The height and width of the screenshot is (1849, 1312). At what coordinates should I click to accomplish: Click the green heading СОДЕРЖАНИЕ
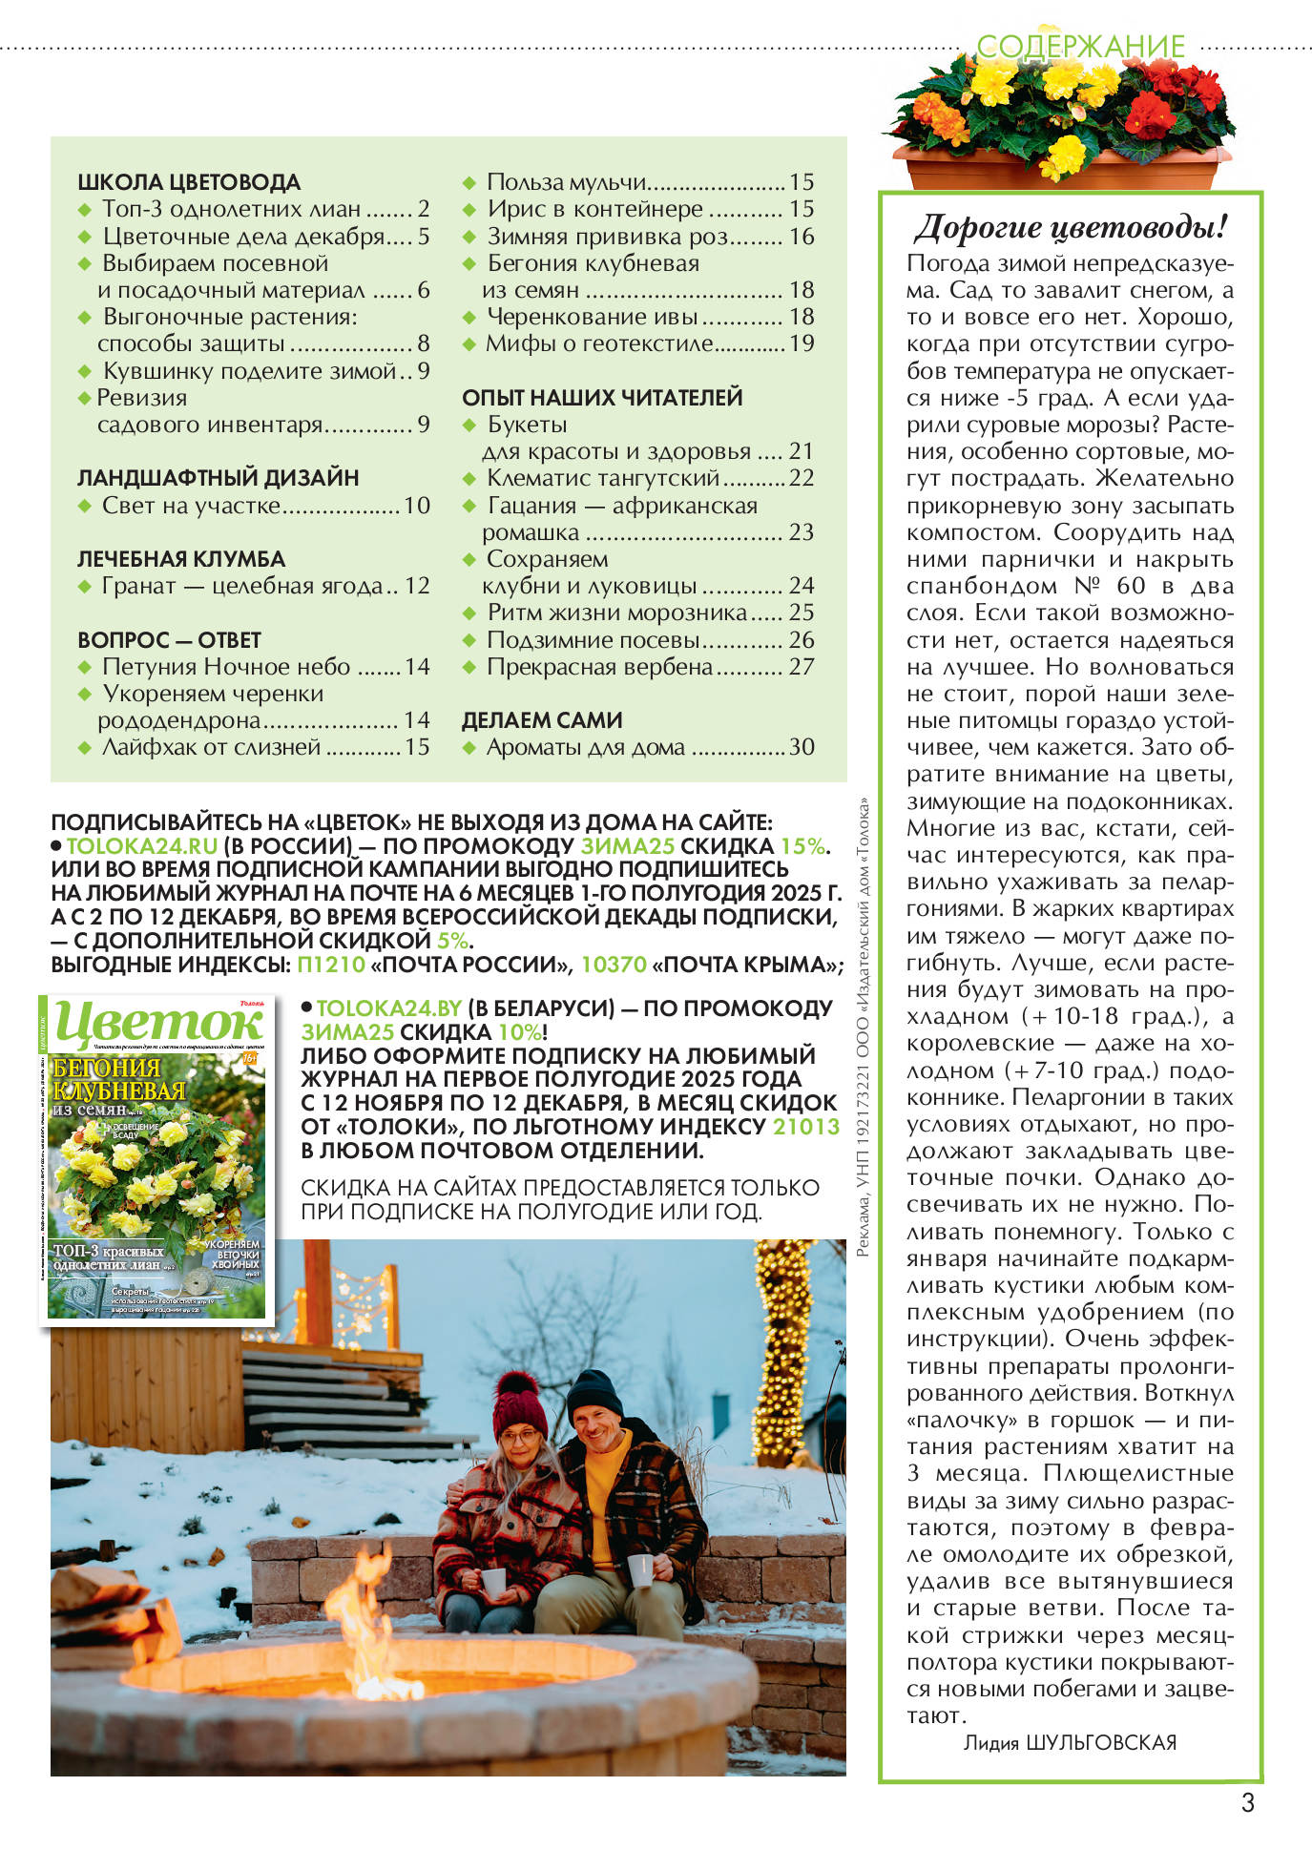click(1080, 46)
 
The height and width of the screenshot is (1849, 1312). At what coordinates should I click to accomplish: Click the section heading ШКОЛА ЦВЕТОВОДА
click(189, 182)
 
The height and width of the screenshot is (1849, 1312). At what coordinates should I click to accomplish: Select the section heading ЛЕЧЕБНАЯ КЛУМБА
click(181, 559)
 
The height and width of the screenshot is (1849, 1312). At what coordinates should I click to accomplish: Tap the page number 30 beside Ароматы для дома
click(802, 747)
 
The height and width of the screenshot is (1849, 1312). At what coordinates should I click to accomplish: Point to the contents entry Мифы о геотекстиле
click(600, 343)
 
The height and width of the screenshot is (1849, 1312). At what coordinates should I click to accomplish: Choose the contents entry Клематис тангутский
click(603, 478)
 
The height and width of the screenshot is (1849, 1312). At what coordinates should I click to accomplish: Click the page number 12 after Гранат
click(417, 586)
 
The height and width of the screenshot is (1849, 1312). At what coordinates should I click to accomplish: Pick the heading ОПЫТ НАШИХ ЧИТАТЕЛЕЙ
click(602, 398)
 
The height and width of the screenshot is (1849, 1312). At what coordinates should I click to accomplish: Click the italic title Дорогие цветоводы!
click(1070, 229)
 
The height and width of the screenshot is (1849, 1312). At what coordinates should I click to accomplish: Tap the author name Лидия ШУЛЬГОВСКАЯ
click(1070, 1742)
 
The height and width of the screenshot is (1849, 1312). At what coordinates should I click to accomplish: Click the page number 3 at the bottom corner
click(1247, 1802)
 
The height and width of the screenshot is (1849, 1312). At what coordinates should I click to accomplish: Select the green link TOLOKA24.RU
click(142, 846)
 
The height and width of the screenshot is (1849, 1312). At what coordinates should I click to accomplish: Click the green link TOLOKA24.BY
click(389, 1008)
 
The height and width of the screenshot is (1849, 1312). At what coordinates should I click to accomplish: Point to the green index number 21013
click(805, 1127)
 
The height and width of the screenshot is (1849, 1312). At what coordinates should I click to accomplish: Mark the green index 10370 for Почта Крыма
click(614, 965)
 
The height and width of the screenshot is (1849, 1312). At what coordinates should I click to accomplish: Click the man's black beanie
click(594, 1394)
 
